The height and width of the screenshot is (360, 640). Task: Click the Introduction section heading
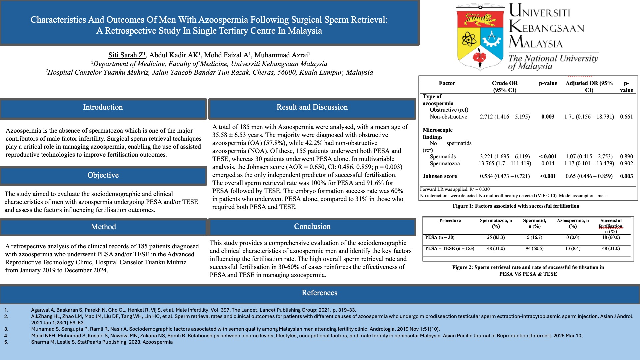click(x=103, y=107)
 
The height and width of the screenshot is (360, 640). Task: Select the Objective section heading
click(x=103, y=175)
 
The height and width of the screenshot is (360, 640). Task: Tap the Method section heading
click(x=103, y=227)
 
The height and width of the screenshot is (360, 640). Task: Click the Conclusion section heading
click(x=312, y=227)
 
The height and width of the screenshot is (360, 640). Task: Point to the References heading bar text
click(x=319, y=293)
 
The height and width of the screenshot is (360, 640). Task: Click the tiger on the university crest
click(x=480, y=20)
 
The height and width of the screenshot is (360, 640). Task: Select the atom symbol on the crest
click(x=469, y=40)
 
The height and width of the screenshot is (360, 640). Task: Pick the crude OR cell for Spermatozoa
click(x=505, y=164)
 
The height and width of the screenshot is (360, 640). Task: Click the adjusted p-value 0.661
click(x=626, y=117)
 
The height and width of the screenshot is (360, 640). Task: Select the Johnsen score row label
click(x=440, y=176)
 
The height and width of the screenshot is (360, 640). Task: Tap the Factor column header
click(x=447, y=83)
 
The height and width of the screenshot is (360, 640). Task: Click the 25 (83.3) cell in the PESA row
click(x=496, y=238)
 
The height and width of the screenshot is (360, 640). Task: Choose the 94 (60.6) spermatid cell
click(x=534, y=249)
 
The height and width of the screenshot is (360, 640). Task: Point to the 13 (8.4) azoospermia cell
click(x=573, y=249)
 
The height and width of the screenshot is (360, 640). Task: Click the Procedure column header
click(x=450, y=221)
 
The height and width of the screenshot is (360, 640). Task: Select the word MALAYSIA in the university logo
click(x=536, y=42)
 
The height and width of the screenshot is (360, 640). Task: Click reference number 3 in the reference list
click(x=6, y=329)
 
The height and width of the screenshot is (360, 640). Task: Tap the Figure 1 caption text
click(x=516, y=206)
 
